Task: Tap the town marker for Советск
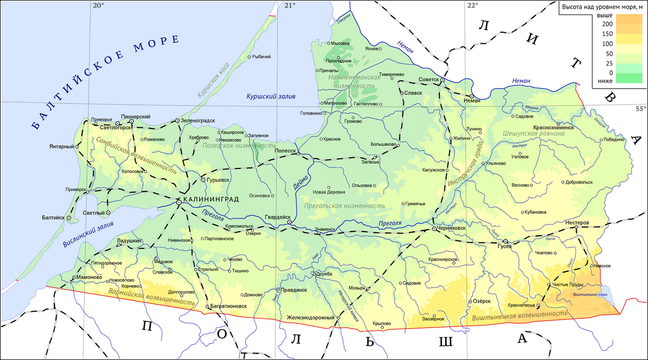[x=442, y=80]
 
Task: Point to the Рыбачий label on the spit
[x=262, y=57]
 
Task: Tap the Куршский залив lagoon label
[x=271, y=96]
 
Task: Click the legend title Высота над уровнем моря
[x=601, y=7]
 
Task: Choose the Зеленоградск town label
[x=198, y=120]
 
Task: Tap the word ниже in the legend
[x=605, y=81]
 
